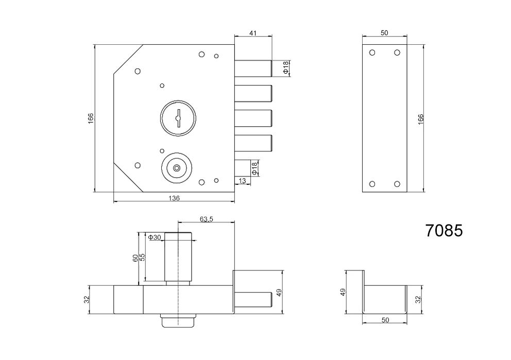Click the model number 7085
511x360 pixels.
click(444, 230)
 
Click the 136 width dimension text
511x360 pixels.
click(174, 198)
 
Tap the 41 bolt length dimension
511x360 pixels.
click(253, 33)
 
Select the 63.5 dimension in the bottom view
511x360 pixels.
click(206, 219)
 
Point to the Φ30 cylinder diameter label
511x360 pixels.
click(155, 237)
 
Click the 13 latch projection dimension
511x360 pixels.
click(243, 180)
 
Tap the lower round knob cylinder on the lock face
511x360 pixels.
click(177, 167)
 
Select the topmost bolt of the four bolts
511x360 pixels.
click(253, 68)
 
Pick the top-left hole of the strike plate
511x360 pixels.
click(372, 53)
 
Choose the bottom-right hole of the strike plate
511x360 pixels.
click(397, 183)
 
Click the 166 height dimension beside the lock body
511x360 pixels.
click(91, 117)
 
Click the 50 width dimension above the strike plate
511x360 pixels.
click(384, 33)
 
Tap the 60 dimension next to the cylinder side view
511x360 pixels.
click(135, 258)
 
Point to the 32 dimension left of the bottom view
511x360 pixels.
click(87, 298)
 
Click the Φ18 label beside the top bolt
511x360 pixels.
click(286, 68)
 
